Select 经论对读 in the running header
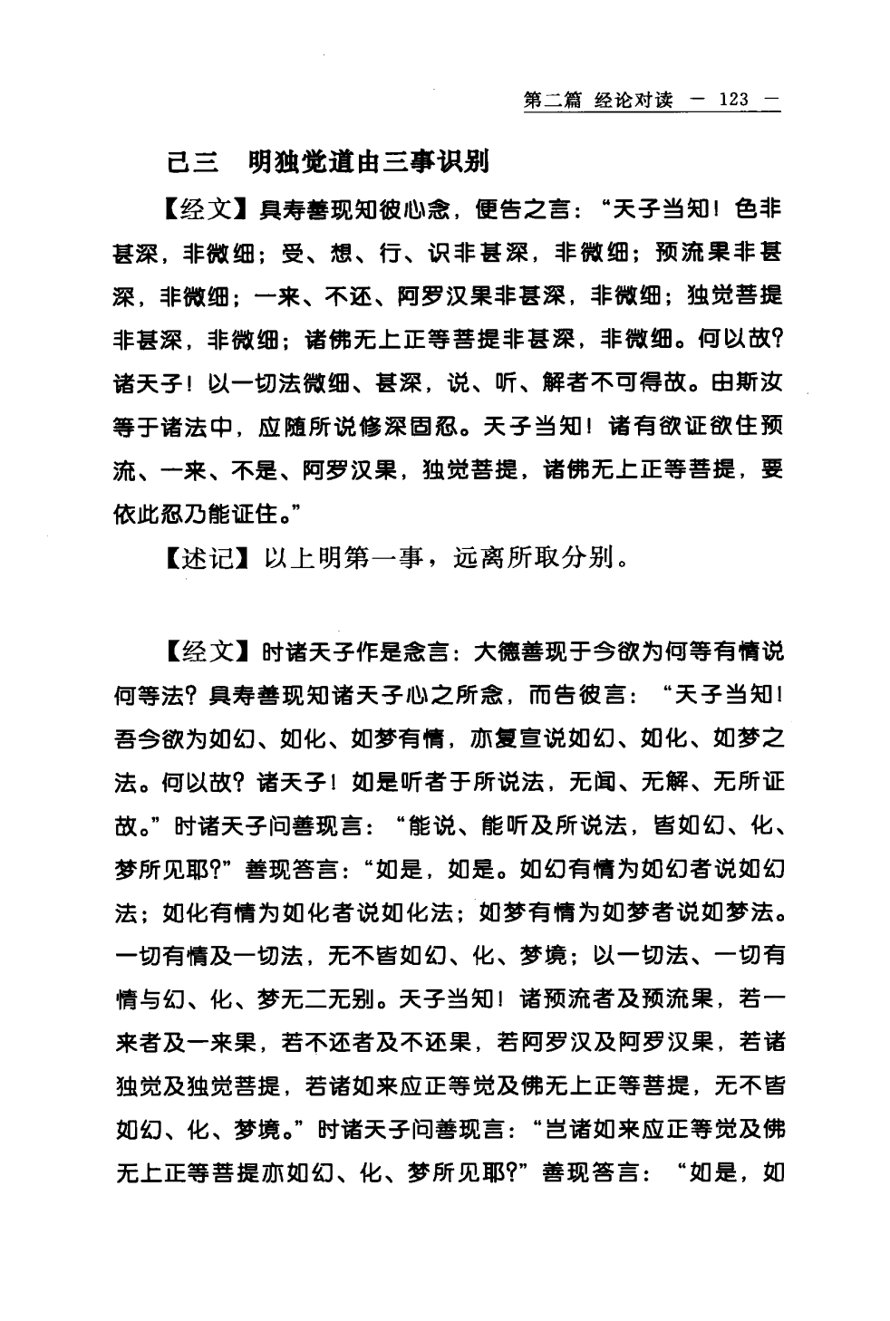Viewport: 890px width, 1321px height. [x=634, y=100]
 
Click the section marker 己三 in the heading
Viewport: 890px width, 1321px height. [x=194, y=162]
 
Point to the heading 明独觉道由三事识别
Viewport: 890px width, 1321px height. [x=368, y=162]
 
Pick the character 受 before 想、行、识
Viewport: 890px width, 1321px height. [x=291, y=255]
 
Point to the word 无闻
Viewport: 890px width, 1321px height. [x=596, y=783]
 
